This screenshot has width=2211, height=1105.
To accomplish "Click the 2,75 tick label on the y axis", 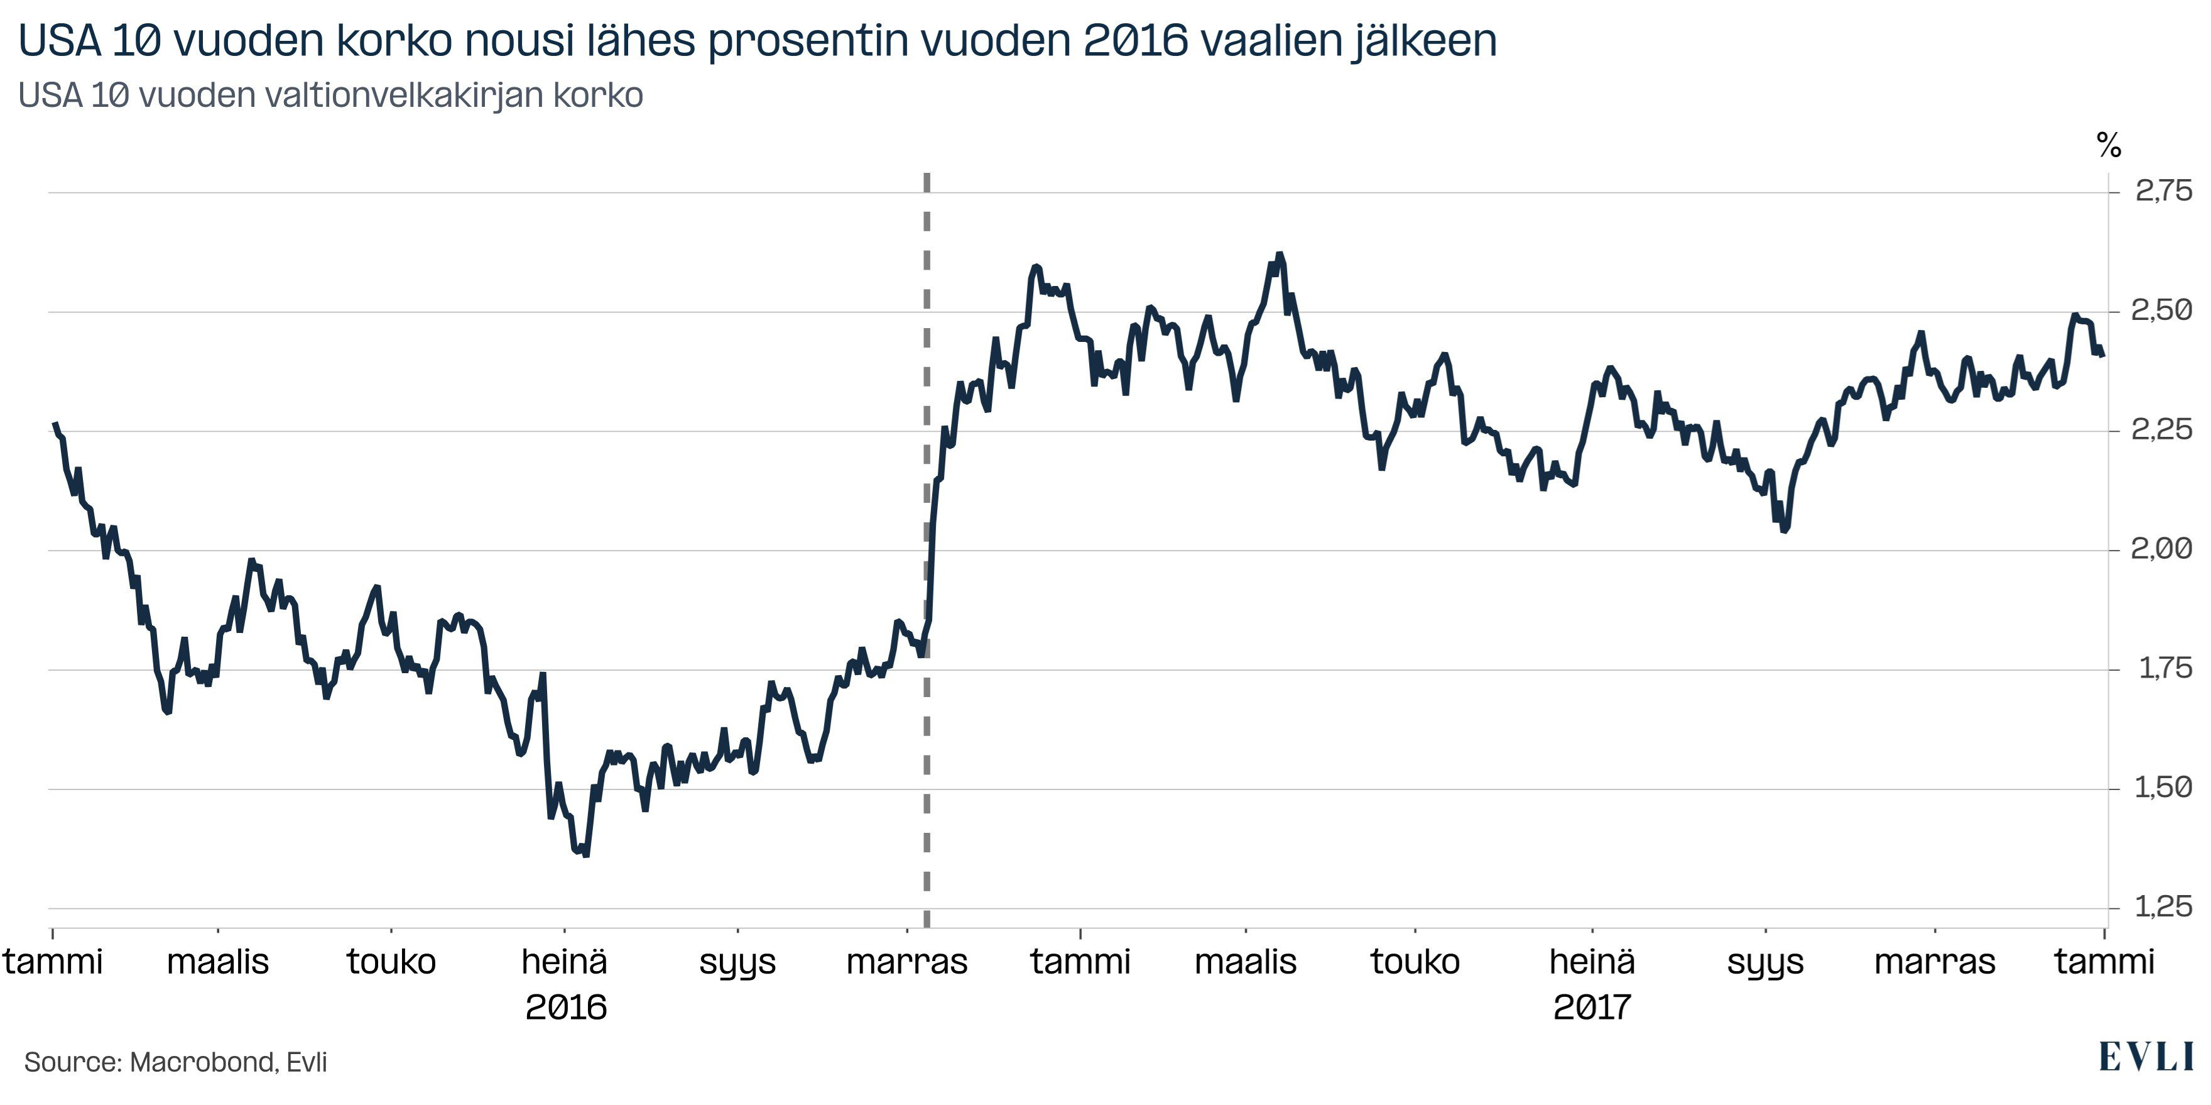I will [x=2162, y=190].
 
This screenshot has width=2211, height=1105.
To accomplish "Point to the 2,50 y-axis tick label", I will [x=2160, y=310].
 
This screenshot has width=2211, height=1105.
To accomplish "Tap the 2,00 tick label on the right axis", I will [x=2160, y=549].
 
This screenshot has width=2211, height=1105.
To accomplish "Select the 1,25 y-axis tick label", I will [x=2162, y=906].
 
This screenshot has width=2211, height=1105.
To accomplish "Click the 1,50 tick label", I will [x=2162, y=788].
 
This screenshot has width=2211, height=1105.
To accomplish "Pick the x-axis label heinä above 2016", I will [x=564, y=962].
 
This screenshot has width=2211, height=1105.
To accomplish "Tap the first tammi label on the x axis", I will [x=53, y=962].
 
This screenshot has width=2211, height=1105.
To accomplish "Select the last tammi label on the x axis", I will [x=2104, y=962].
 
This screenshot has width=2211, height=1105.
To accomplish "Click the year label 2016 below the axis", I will [x=565, y=1007].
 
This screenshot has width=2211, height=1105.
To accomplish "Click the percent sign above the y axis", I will [x=2108, y=145].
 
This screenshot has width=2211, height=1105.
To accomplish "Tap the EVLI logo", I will [x=2145, y=1058].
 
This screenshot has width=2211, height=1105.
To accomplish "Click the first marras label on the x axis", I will [x=906, y=962].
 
